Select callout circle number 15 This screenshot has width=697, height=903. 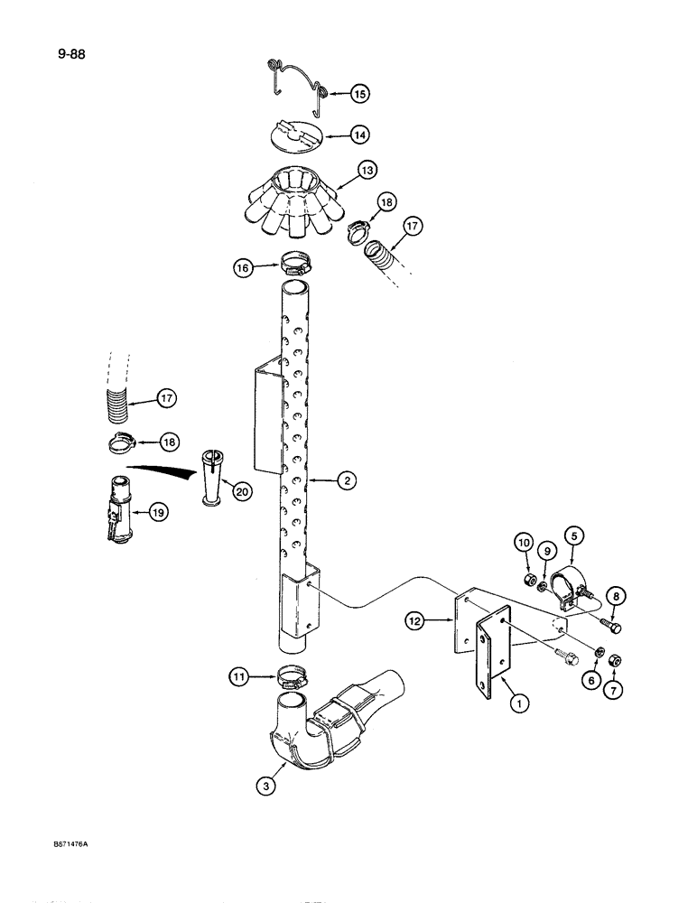(x=359, y=93)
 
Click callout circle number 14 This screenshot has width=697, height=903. (x=359, y=135)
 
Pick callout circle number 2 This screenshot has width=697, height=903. (x=344, y=481)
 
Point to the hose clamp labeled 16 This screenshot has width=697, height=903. (x=294, y=266)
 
